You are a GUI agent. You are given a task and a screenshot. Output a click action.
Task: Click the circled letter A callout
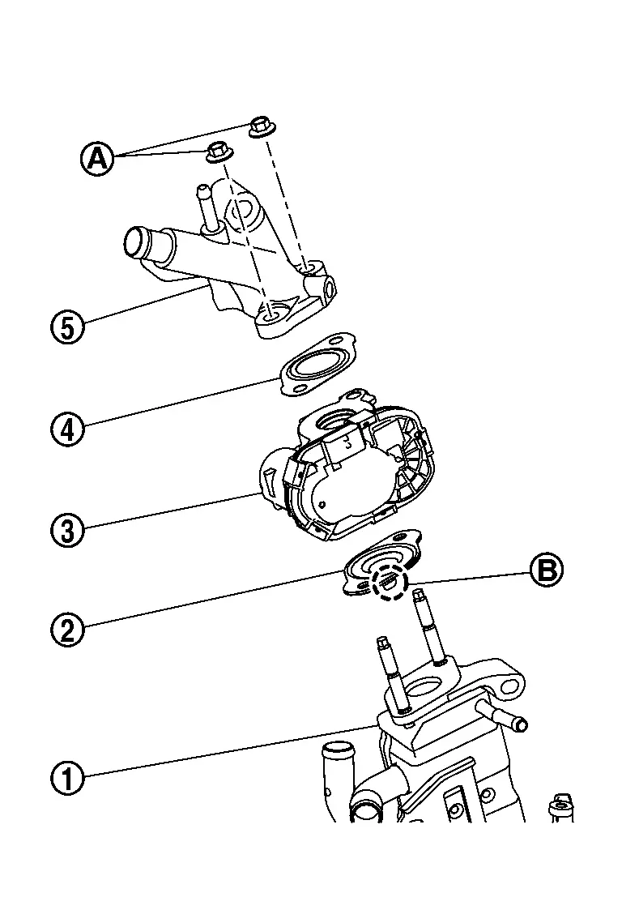pyautogui.click(x=97, y=158)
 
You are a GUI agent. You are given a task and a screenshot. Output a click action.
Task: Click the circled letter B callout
pyautogui.click(x=547, y=570)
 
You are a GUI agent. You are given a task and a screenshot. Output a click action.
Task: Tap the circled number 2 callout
pyautogui.click(x=68, y=628)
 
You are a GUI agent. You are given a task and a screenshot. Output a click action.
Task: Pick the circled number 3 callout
pyautogui.click(x=68, y=531)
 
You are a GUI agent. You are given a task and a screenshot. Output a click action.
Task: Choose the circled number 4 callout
pyautogui.click(x=68, y=428)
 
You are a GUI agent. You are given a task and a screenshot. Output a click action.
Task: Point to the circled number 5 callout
pyautogui.click(x=68, y=327)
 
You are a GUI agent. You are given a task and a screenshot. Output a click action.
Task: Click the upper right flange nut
pyautogui.click(x=260, y=127)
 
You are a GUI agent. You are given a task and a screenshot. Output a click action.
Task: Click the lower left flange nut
pyautogui.click(x=217, y=151)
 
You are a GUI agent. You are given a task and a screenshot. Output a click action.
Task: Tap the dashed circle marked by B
pyautogui.click(x=388, y=581)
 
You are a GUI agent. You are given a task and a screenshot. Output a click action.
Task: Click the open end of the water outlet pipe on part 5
pyautogui.click(x=135, y=242)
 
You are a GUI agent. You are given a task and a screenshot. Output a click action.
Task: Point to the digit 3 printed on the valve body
pyautogui.click(x=347, y=442)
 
